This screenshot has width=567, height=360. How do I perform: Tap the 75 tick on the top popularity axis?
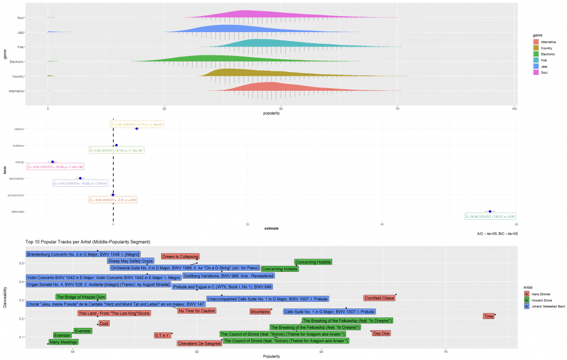398,109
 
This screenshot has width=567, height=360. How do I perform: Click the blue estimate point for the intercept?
490,211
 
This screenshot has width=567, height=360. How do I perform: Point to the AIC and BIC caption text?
497,234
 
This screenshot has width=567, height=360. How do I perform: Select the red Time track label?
488,316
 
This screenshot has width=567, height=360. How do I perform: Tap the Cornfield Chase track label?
379,298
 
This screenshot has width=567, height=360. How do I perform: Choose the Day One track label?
381,333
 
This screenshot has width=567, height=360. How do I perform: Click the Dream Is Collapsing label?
180,256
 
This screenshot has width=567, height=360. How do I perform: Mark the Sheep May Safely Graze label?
131,261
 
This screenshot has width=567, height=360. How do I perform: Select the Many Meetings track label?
63,342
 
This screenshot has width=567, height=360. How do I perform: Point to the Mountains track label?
260,312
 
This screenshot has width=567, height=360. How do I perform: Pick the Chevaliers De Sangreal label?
199,343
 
